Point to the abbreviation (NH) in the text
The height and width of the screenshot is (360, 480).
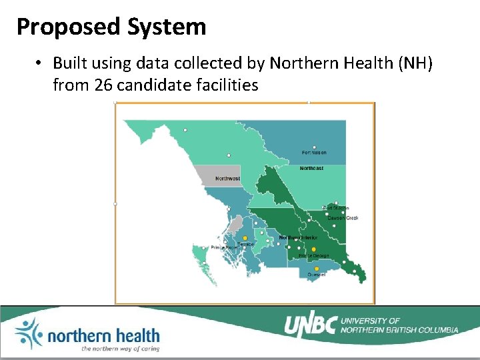click(413, 63)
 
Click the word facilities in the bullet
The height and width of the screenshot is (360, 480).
click(225, 85)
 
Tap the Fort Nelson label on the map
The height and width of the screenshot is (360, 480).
click(314, 153)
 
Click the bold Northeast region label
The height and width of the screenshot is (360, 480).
click(311, 168)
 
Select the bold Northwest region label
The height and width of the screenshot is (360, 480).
click(227, 179)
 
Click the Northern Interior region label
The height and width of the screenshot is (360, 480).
click(298, 238)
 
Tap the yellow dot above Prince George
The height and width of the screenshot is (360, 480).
click(314, 249)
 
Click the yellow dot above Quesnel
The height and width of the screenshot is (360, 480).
click(317, 269)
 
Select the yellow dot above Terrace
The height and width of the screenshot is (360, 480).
click(245, 238)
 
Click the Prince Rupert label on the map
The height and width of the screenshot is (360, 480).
click(224, 247)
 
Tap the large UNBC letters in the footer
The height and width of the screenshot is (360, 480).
click(311, 325)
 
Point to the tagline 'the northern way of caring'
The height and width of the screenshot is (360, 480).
click(120, 348)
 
